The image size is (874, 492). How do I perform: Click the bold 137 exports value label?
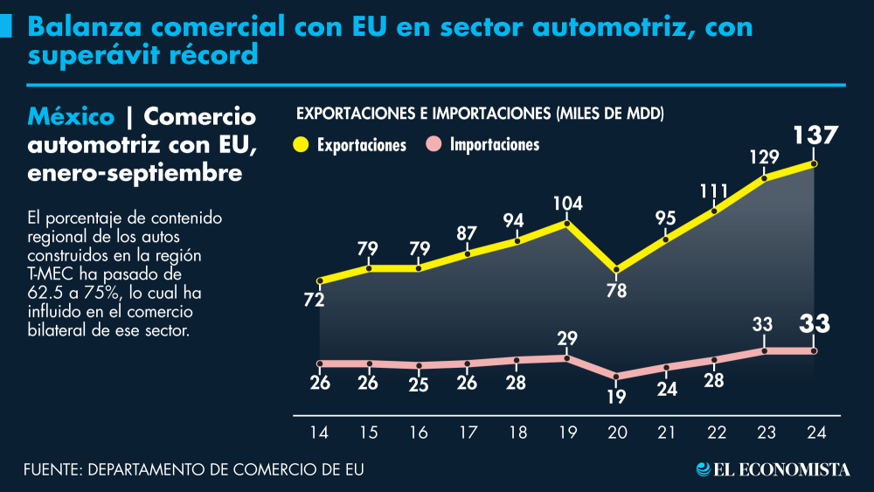(x=815, y=137)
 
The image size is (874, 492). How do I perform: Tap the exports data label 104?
(x=567, y=204)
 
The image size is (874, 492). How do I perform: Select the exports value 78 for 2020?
(x=617, y=291)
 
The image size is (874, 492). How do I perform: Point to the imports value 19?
(x=617, y=397)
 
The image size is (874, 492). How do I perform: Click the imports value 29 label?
(x=567, y=338)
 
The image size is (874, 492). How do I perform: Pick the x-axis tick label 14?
(x=320, y=432)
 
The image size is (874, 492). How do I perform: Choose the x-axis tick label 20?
(x=617, y=432)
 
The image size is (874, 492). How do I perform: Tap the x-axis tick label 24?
(x=815, y=432)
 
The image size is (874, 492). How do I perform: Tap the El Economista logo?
(x=773, y=470)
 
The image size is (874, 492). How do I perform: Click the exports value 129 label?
(x=765, y=158)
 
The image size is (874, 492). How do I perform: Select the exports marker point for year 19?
(x=567, y=225)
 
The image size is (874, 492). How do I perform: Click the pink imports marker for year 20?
(x=617, y=378)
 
